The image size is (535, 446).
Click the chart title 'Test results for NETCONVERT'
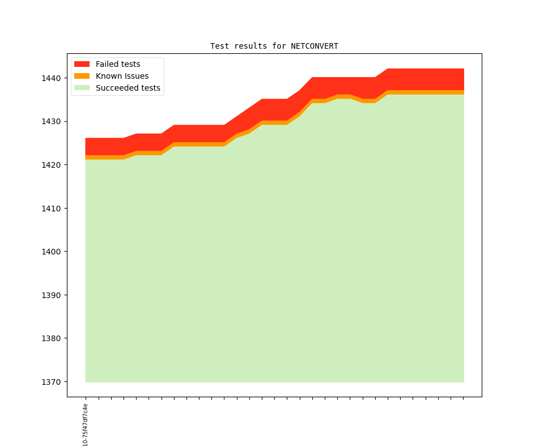coord(274,46)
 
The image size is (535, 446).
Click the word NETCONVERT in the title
coord(315,46)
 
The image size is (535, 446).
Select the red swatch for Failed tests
coord(82,65)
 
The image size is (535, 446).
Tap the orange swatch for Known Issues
coord(82,77)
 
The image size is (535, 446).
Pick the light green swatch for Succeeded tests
coord(82,88)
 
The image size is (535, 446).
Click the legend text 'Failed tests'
coord(118,65)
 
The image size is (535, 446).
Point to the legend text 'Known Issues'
coord(122,77)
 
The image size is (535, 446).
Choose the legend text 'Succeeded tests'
coord(128,88)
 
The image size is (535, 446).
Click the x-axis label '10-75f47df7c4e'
coord(86,425)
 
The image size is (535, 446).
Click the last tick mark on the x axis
coord(464,398)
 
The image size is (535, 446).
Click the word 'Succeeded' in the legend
coord(116,88)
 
